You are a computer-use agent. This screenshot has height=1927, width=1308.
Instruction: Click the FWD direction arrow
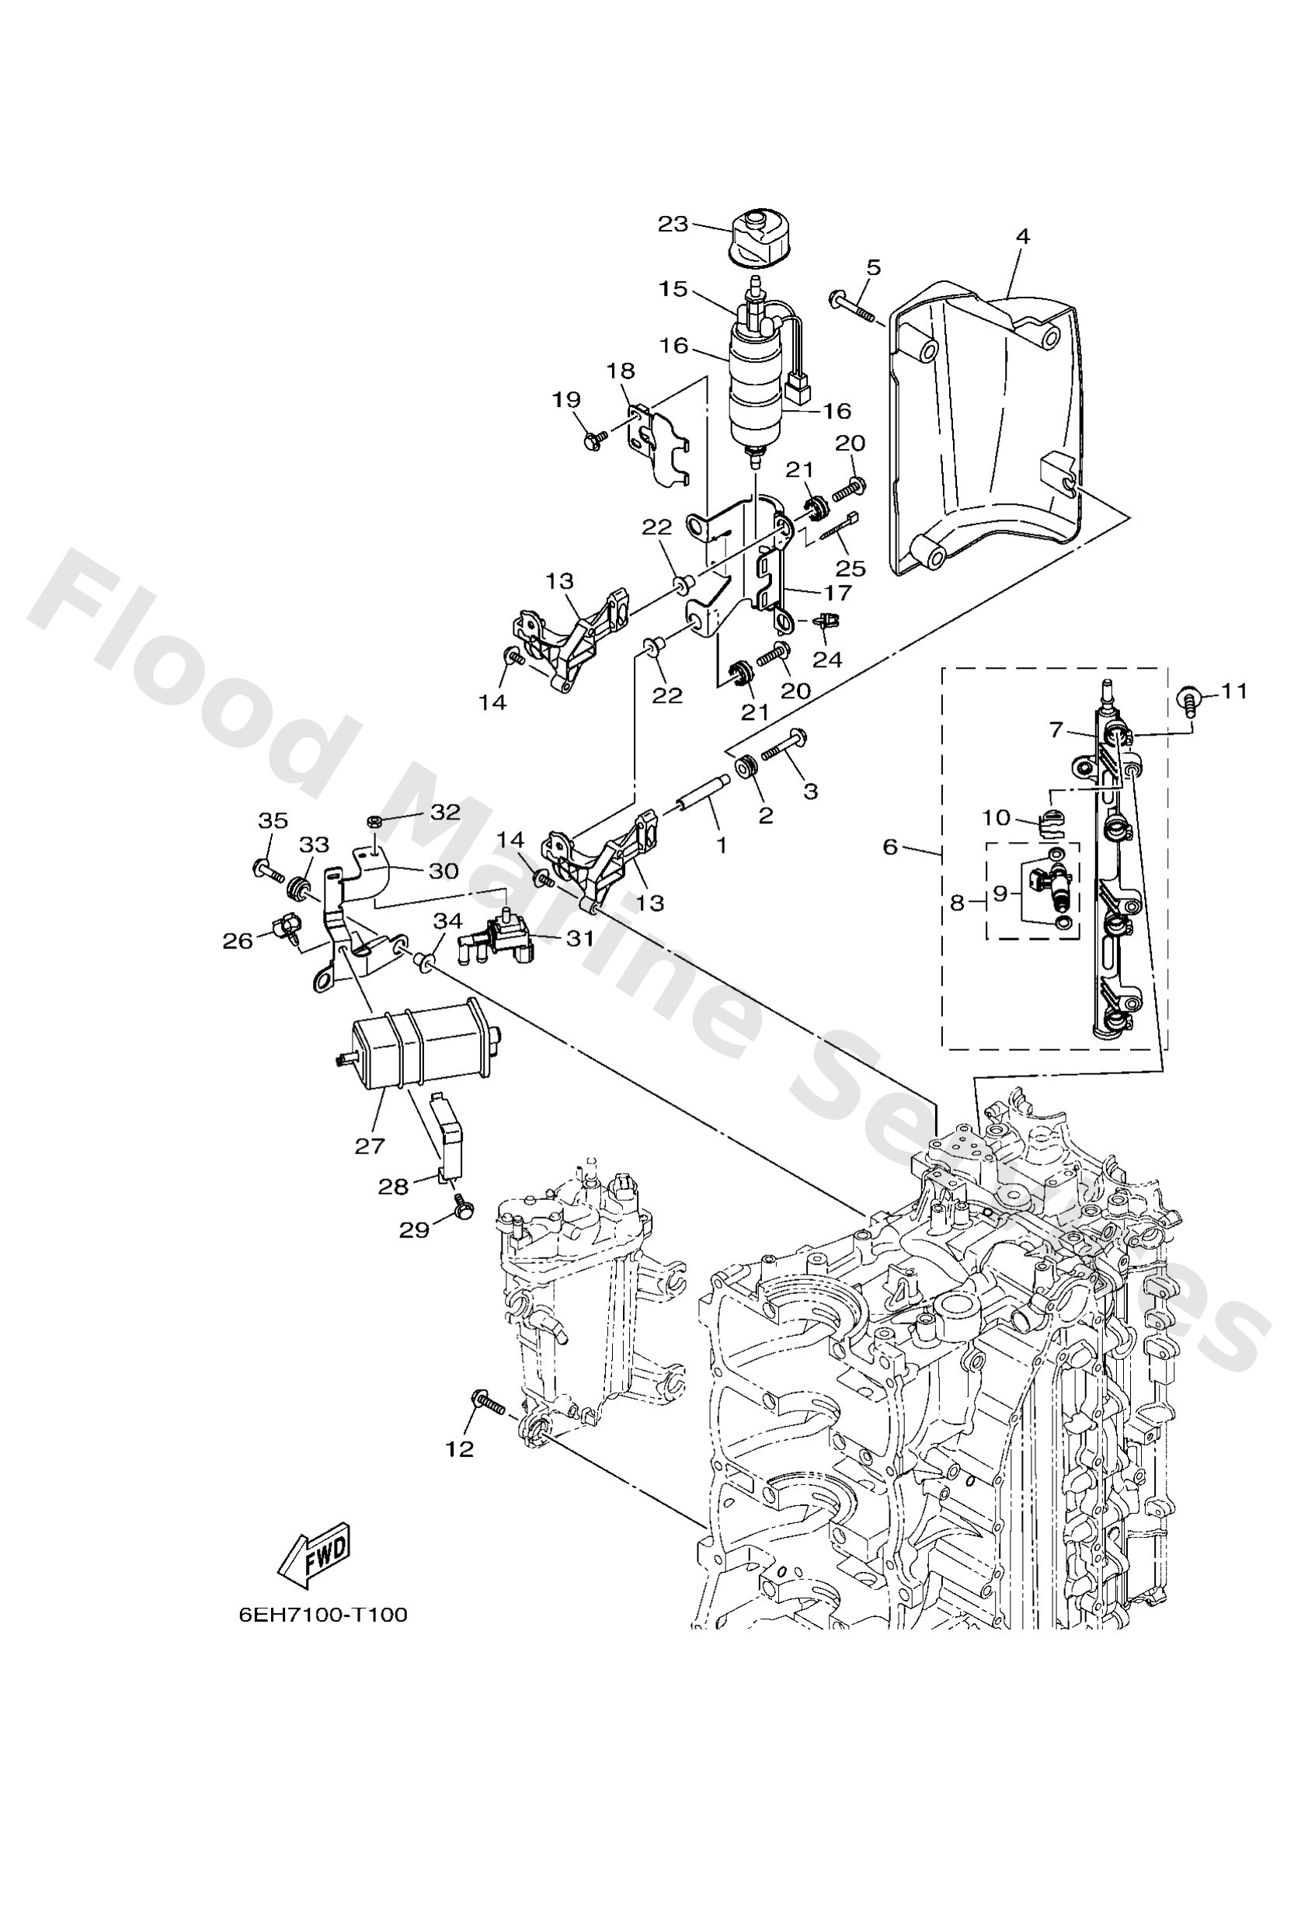315,1555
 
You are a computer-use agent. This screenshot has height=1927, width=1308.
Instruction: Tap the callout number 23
673,224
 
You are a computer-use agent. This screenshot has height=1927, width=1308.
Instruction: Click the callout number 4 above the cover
1022,236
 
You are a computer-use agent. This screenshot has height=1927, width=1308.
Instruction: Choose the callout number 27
370,1145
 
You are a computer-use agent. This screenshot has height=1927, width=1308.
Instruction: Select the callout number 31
579,937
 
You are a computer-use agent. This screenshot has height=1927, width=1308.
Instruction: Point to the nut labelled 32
374,822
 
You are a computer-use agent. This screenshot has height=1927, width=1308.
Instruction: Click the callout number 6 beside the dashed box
890,847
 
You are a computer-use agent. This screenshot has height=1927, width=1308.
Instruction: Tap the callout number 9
1000,893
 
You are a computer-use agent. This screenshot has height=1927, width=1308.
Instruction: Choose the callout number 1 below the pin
722,845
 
